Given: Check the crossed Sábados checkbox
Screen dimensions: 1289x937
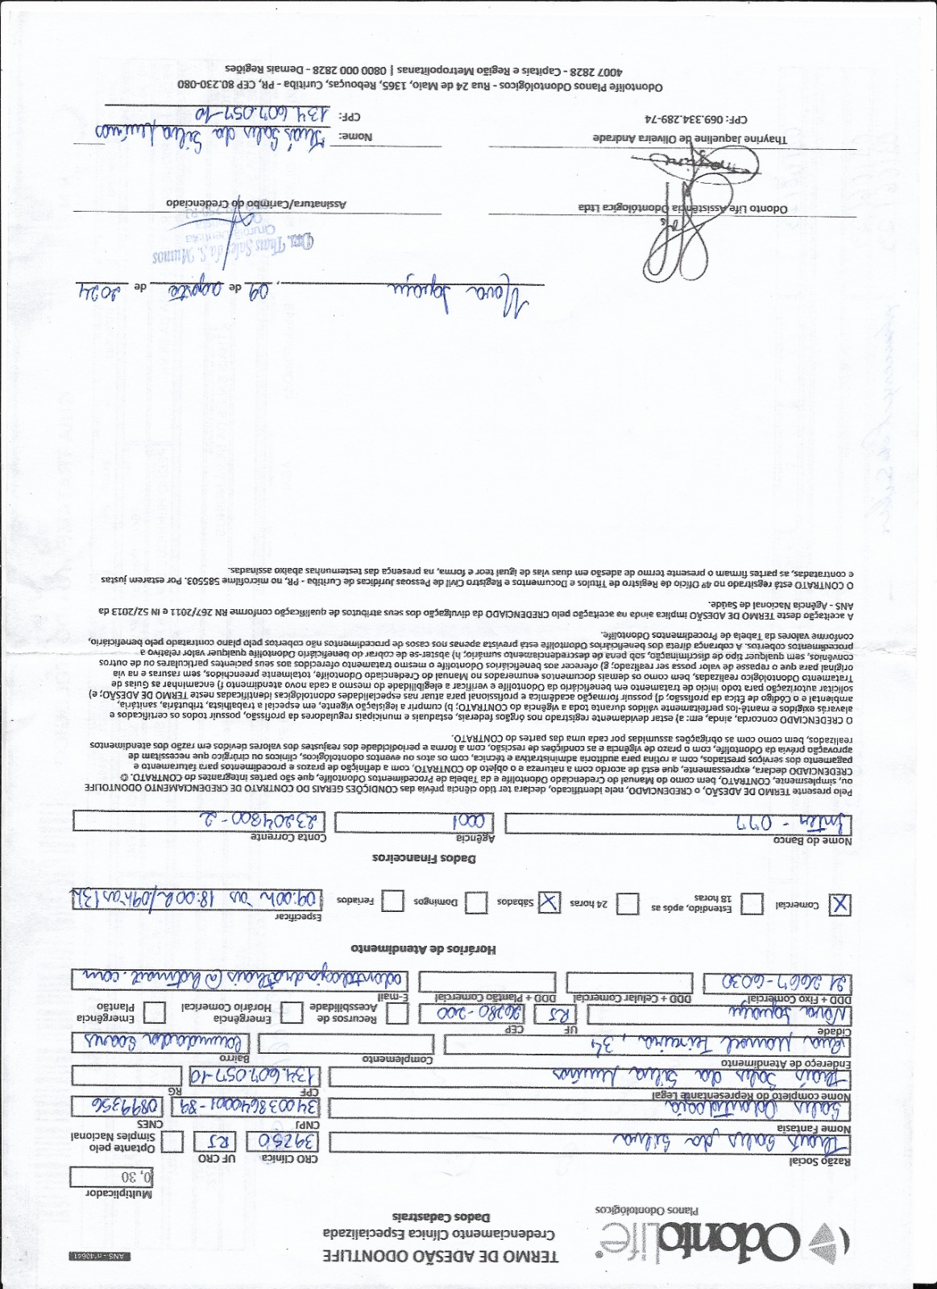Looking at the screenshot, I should (x=549, y=902).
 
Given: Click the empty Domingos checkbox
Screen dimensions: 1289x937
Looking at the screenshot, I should (x=476, y=902).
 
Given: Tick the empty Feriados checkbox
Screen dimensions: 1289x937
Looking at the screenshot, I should (x=392, y=901).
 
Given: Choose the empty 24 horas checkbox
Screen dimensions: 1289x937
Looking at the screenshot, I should (x=628, y=904).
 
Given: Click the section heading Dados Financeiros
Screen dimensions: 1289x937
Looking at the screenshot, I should (x=424, y=858).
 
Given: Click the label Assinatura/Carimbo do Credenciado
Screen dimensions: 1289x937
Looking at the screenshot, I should (x=256, y=203).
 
